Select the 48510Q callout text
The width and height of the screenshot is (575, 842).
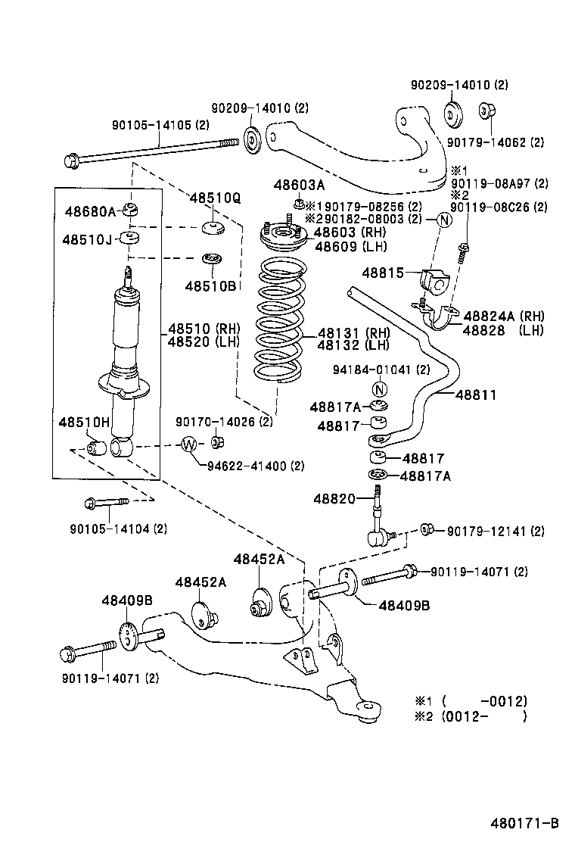pyautogui.click(x=215, y=198)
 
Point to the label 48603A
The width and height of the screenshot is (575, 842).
pyautogui.click(x=299, y=185)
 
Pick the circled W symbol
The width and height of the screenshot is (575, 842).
pyautogui.click(x=188, y=444)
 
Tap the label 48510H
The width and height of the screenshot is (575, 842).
pyautogui.click(x=85, y=421)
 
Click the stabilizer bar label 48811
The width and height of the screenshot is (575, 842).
pyautogui.click(x=476, y=394)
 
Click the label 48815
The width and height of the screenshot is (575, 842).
pyautogui.click(x=384, y=272)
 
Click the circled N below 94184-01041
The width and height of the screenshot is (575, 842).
pyautogui.click(x=381, y=389)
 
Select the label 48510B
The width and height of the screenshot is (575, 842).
pyautogui.click(x=210, y=285)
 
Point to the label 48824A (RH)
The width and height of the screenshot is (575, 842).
pyautogui.click(x=505, y=316)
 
